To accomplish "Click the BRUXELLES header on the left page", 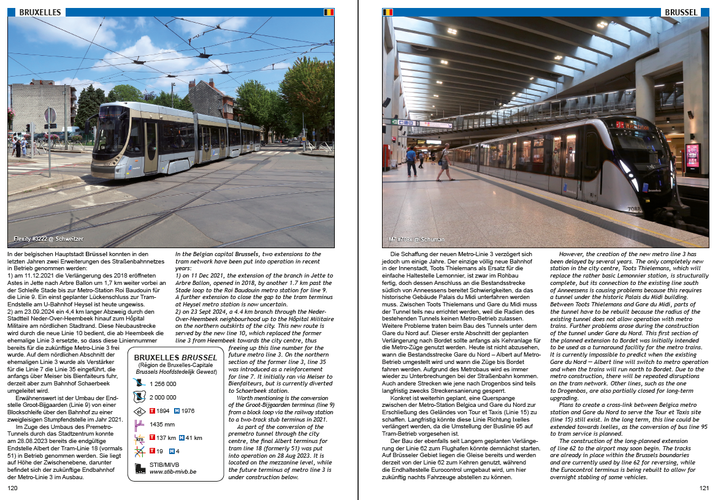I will pyautogui.click(x=40, y=12).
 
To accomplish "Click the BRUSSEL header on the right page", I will pyautogui.click(x=681, y=12).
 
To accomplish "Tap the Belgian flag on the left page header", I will pyautogui.click(x=329, y=12).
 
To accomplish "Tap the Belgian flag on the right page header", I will pyautogui.click(x=388, y=12).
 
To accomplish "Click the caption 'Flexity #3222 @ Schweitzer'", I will pyautogui.click(x=48, y=239).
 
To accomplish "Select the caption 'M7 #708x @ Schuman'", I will pyautogui.click(x=416, y=239).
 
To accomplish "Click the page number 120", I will pyautogui.click(x=12, y=488).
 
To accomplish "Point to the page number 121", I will pyautogui.click(x=704, y=488).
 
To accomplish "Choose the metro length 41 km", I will pyautogui.click(x=194, y=438).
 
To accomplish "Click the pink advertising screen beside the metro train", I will pyautogui.click(x=693, y=156).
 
